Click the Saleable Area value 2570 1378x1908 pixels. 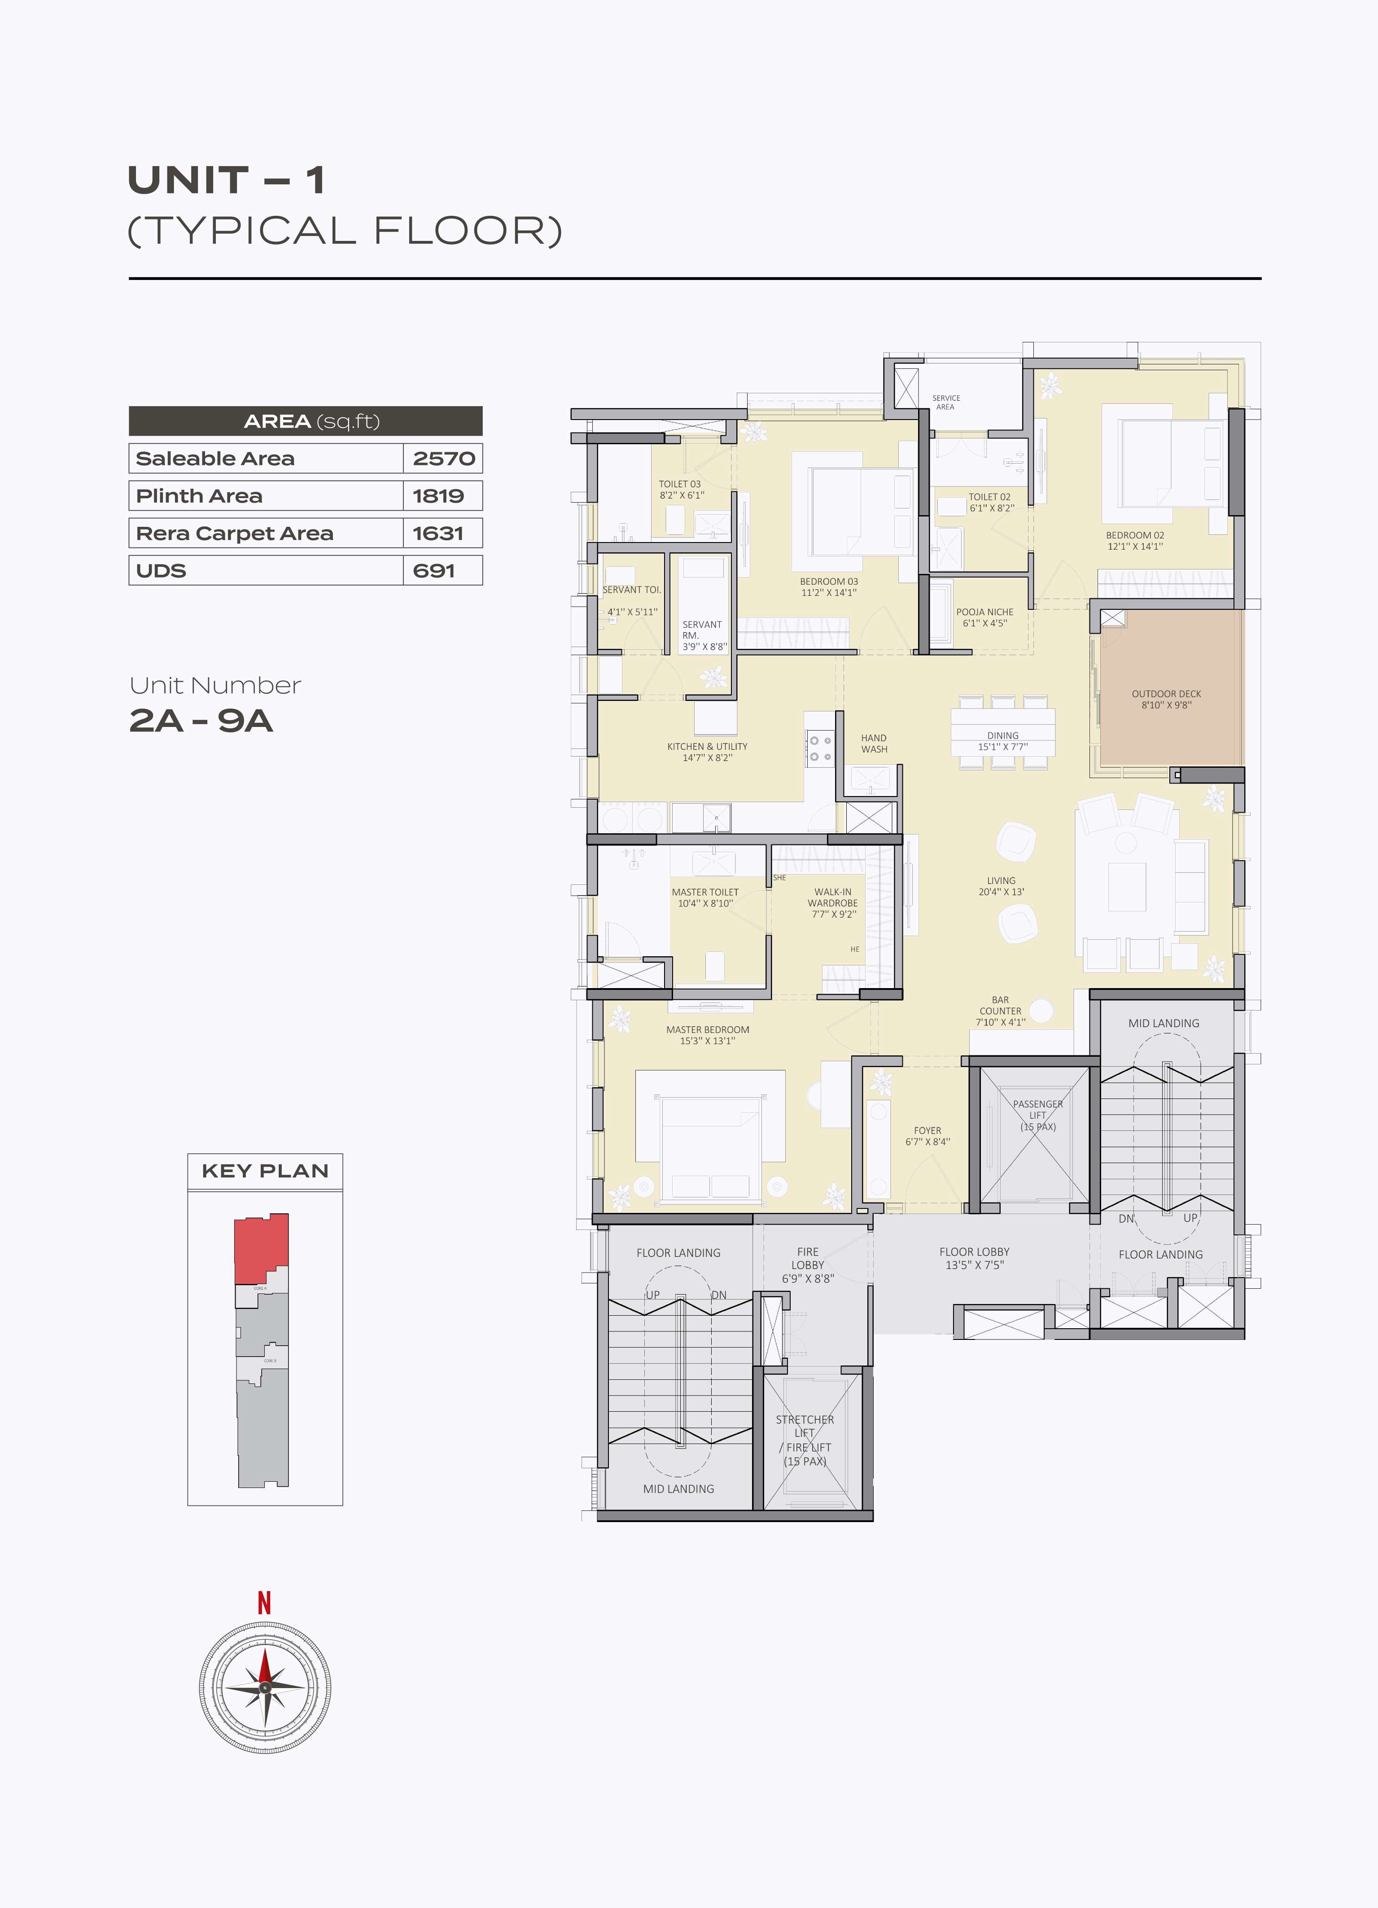click(x=443, y=459)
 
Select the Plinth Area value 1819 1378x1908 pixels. click(x=437, y=495)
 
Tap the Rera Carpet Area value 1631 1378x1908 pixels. click(x=437, y=534)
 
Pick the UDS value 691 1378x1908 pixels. click(x=433, y=570)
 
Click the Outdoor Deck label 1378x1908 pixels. click(x=1166, y=694)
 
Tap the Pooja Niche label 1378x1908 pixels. click(x=984, y=613)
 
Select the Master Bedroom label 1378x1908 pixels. click(x=708, y=1030)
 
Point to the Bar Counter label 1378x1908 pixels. click(x=1000, y=1006)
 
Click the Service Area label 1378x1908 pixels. click(x=945, y=402)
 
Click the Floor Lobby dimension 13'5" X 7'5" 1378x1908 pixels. click(x=974, y=1265)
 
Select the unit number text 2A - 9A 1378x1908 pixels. click(x=201, y=721)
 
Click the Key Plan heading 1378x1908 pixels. click(x=265, y=1171)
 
